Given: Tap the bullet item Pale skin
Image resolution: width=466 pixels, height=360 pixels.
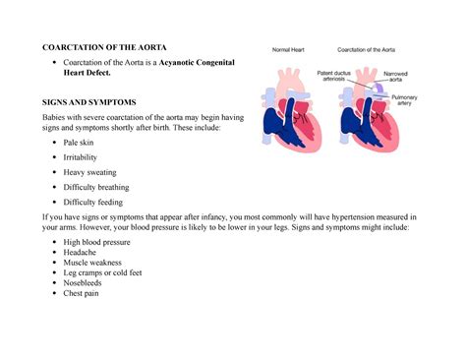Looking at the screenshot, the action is click(79, 143).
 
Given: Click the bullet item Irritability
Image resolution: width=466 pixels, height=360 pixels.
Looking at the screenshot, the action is click(80, 157).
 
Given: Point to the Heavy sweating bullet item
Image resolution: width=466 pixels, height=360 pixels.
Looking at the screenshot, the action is click(89, 172).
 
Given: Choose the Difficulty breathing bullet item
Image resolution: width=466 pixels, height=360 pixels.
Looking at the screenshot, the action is click(95, 187).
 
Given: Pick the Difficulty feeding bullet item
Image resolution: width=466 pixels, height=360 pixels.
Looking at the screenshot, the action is click(91, 202).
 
